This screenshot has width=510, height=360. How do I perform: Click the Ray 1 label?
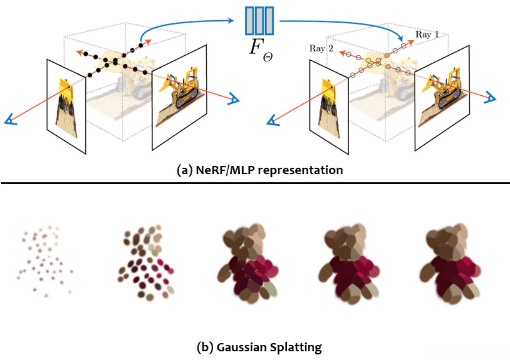(427, 35)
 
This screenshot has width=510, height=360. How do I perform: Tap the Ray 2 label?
(321, 48)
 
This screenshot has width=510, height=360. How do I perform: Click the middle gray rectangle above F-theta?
(259, 21)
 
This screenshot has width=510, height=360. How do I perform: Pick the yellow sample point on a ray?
(368, 60)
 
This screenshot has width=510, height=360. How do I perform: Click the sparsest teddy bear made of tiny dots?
(45, 261)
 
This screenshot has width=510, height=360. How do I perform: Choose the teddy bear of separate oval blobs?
(145, 262)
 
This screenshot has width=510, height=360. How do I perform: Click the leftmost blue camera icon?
(11, 120)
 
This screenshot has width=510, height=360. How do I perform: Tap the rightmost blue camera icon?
(490, 98)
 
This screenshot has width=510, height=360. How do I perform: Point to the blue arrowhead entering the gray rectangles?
(231, 21)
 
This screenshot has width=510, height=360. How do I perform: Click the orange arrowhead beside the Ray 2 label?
(341, 53)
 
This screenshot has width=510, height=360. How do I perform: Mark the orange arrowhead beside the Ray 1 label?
(410, 42)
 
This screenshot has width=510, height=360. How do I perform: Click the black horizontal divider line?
(255, 183)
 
